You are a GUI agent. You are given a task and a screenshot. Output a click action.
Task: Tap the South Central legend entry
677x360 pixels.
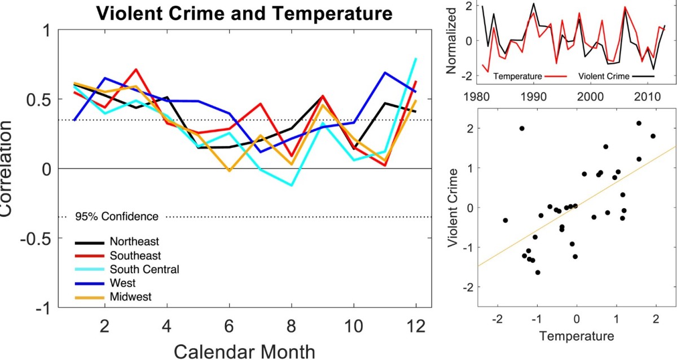tap(144, 269)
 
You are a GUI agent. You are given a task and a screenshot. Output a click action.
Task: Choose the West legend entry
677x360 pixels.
tap(124, 282)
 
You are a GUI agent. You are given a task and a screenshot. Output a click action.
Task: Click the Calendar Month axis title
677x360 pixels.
tap(244, 351)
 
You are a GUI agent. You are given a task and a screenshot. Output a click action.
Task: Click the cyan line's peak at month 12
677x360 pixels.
tap(416, 59)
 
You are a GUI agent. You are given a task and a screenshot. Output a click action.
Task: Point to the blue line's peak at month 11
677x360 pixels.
tap(385, 73)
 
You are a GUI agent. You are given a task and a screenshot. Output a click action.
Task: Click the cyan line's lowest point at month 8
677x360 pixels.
tap(291, 185)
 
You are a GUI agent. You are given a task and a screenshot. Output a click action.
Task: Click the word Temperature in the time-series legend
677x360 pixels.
tap(516, 75)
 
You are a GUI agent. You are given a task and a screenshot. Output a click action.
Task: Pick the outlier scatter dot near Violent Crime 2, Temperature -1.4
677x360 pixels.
tap(522, 129)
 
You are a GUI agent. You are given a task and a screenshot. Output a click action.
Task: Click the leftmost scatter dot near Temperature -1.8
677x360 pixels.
tap(505, 220)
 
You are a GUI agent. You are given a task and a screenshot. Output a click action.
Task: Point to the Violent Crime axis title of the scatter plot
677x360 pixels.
tap(452, 208)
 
